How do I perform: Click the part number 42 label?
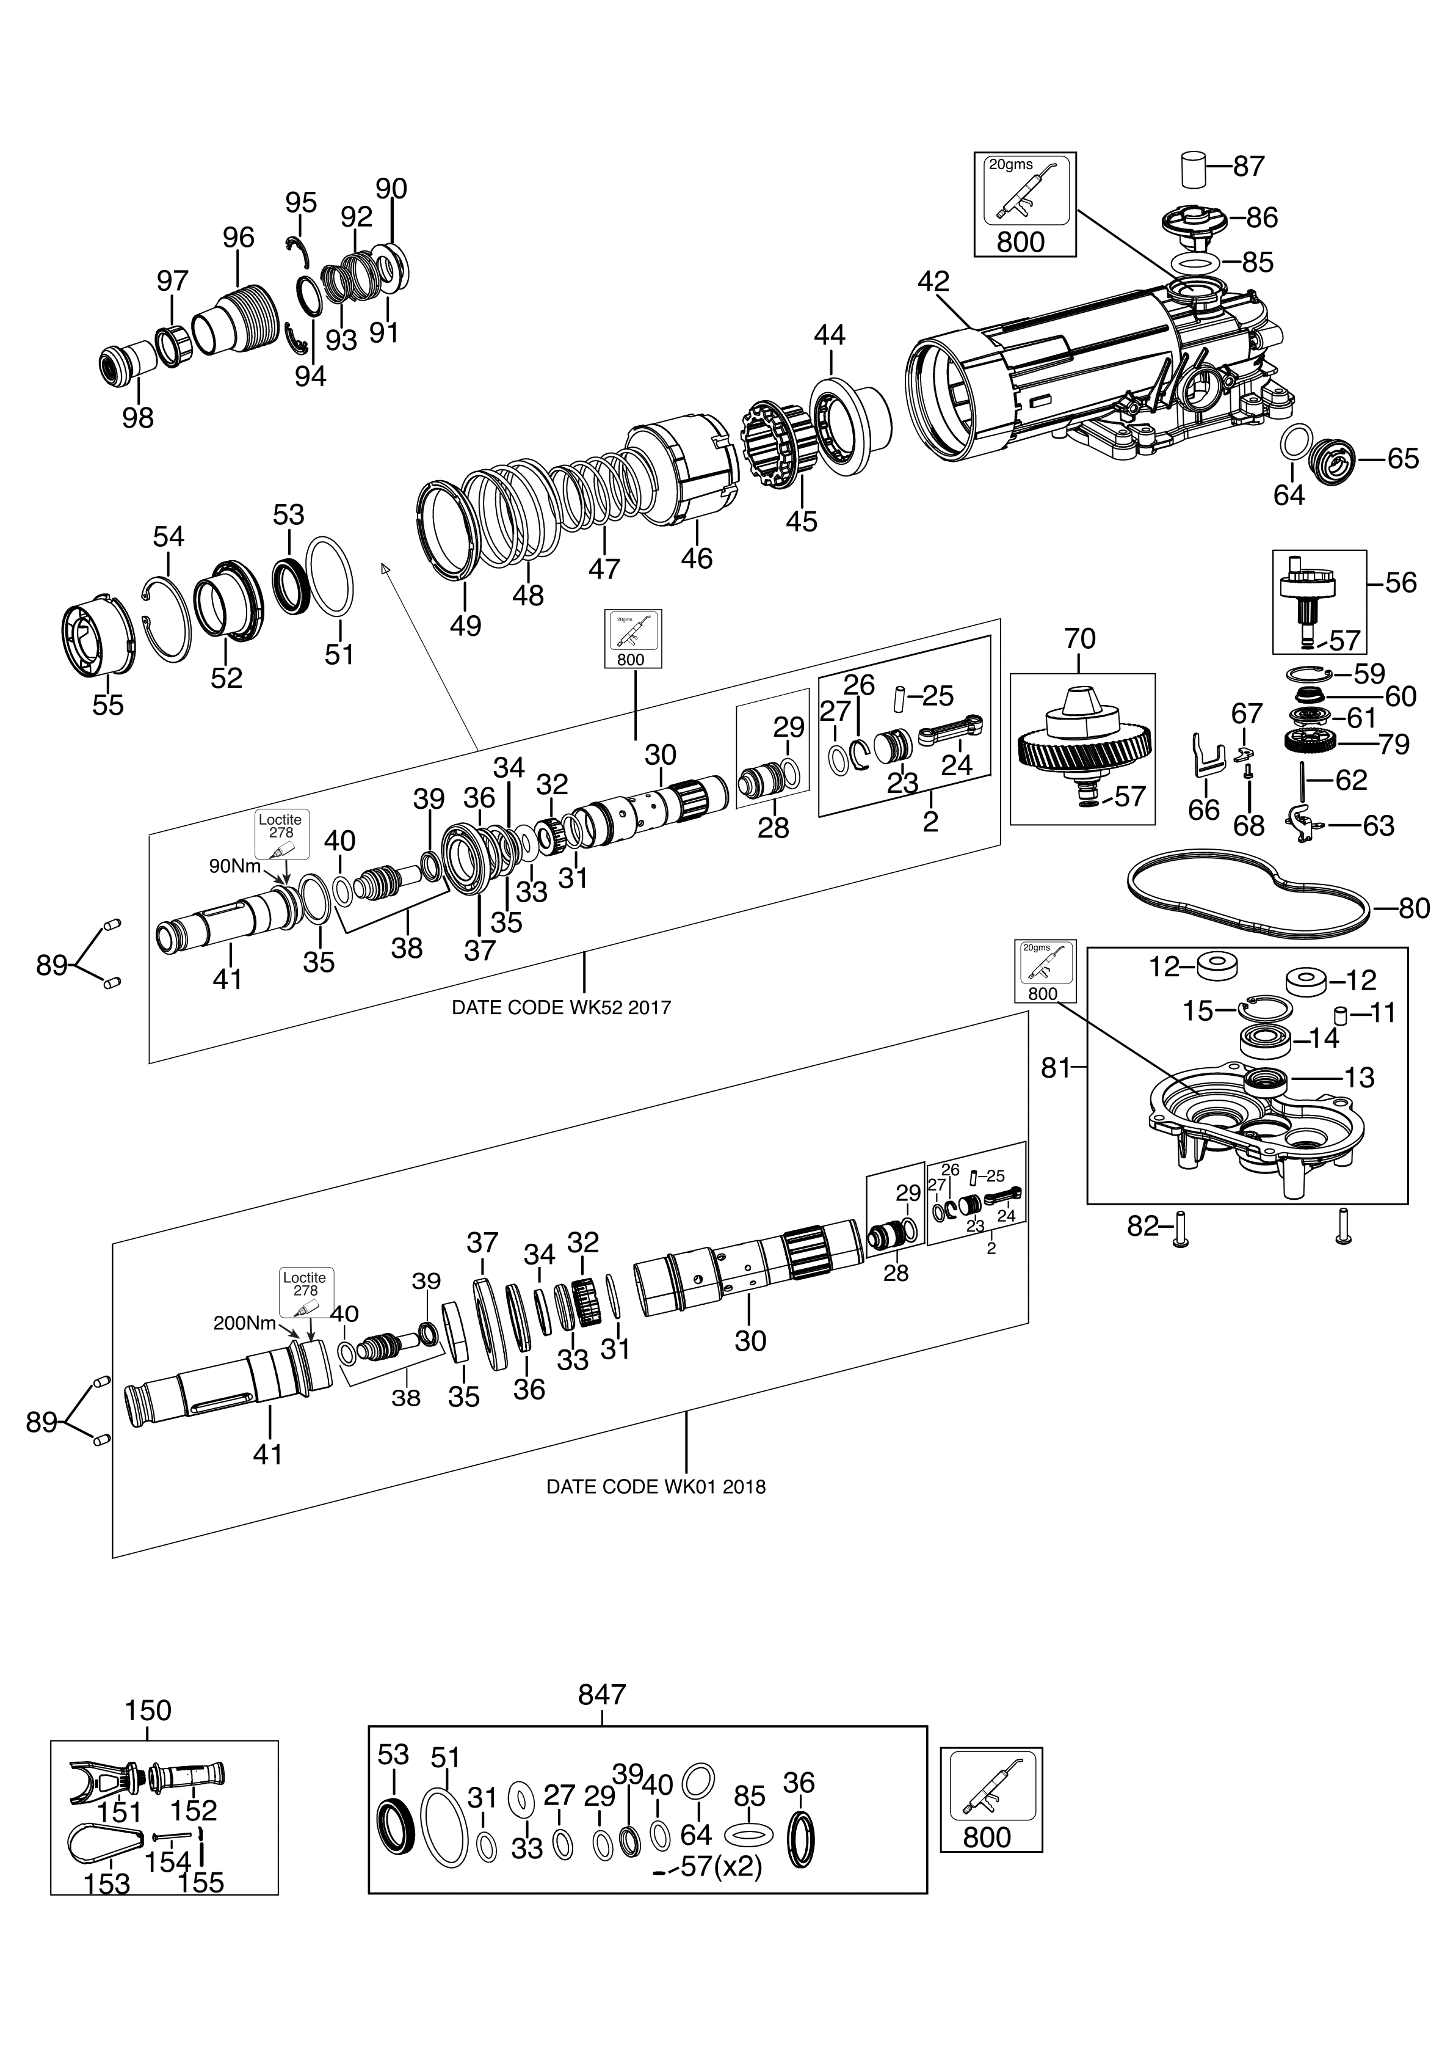click(933, 281)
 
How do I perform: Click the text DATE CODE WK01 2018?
click(656, 1487)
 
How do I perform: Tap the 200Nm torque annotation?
click(244, 1323)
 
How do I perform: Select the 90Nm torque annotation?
click(235, 866)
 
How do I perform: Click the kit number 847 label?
click(602, 1695)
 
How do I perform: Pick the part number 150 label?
click(148, 1710)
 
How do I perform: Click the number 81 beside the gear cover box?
click(1056, 1068)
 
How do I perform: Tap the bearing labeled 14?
click(1263, 1041)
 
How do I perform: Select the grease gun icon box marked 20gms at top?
click(1024, 203)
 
